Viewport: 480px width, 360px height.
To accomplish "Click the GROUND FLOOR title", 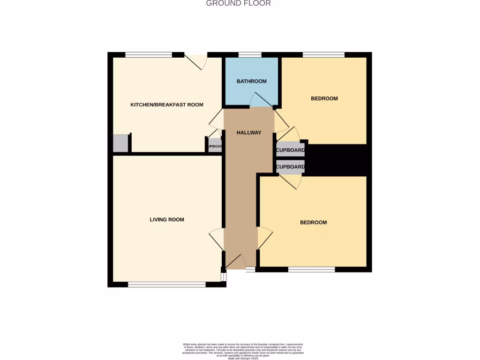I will pos(239,3).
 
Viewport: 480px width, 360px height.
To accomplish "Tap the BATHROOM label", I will pos(251,81).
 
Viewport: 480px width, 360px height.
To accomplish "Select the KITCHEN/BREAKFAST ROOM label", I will pos(167,105).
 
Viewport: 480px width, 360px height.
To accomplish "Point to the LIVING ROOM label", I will pos(167,219).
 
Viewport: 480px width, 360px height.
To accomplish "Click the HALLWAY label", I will pos(249,133).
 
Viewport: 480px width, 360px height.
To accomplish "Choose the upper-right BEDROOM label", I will pos(324,98).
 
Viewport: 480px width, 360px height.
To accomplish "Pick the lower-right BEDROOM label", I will pos(314,222).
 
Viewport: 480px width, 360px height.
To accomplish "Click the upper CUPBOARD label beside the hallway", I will pos(290,151).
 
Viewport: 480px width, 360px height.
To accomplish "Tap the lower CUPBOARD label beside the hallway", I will pos(290,167).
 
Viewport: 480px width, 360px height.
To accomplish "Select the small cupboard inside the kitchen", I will pos(215,146).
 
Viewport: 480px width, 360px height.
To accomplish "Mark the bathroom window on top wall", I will pos(250,55).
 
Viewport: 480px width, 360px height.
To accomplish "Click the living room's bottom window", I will pos(167,284).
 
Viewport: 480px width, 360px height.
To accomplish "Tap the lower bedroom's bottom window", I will pos(312,269).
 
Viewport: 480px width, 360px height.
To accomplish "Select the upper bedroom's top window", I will pos(324,55).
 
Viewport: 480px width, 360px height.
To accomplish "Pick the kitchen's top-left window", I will pos(149,55).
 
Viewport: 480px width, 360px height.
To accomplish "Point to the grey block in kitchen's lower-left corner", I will pos(120,143).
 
